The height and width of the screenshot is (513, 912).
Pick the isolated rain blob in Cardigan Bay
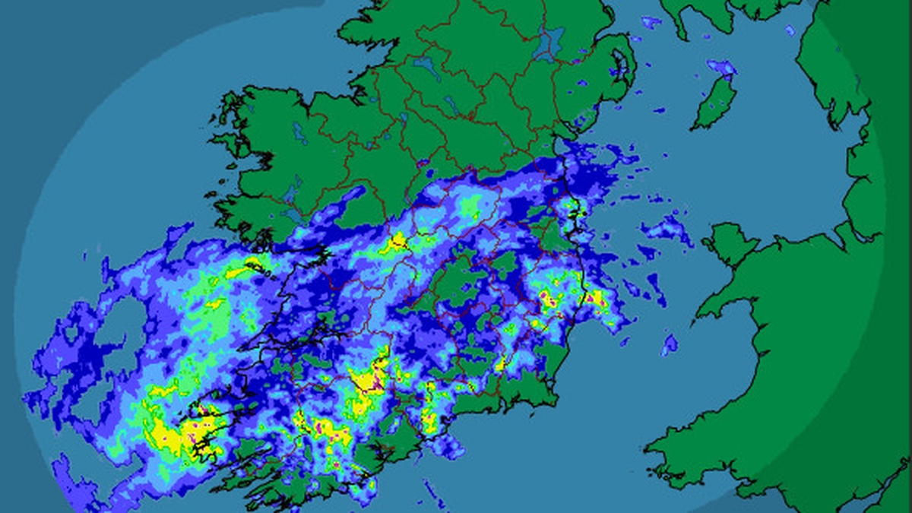click(669, 344)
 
